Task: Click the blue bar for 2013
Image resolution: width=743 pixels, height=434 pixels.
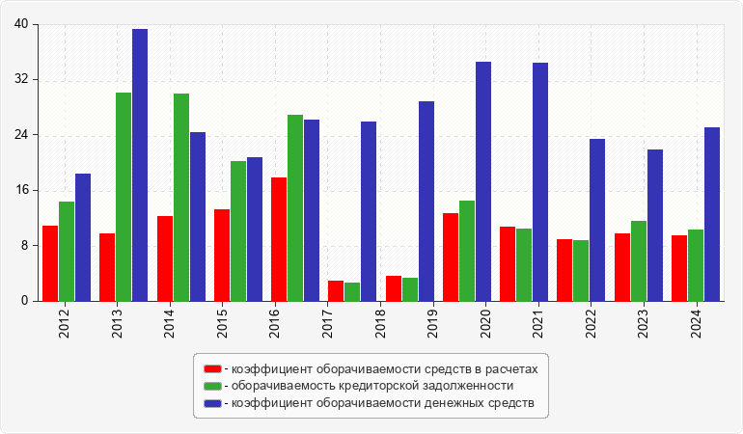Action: pos(140,165)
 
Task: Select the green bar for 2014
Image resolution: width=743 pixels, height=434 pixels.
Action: pos(181,197)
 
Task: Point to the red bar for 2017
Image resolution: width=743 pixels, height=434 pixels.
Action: pos(336,291)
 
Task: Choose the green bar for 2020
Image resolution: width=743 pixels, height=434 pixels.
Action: pos(467,251)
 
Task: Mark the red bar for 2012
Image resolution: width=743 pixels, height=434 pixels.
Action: pos(50,263)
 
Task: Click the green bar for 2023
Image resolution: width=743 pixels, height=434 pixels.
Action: pos(639,260)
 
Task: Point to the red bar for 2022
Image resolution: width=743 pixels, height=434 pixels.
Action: pos(564,270)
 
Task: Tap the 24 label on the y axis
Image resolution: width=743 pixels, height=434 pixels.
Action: pos(21,135)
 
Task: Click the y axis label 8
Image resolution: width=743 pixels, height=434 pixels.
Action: pos(24,246)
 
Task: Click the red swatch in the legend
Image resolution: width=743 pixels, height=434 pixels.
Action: pos(212,368)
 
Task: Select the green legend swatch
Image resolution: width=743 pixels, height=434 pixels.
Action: pos(212,386)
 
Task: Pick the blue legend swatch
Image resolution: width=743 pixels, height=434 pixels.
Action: pos(212,403)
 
